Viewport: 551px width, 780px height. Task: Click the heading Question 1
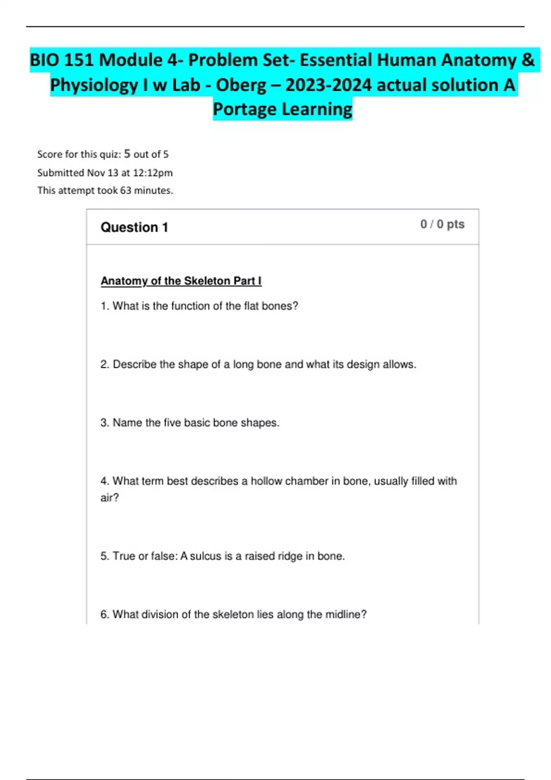[134, 227]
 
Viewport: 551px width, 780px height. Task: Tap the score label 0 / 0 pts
[442, 224]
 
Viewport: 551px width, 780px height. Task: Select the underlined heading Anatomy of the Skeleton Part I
[181, 281]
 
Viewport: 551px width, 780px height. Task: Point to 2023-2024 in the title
[328, 85]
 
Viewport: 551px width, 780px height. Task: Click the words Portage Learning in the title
[282, 110]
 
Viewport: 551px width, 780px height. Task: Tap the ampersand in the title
[528, 60]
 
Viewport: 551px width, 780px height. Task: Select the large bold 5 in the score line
[127, 154]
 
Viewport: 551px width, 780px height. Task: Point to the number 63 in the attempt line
[125, 190]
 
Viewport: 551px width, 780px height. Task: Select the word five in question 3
[172, 423]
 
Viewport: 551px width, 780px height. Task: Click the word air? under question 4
[110, 498]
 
